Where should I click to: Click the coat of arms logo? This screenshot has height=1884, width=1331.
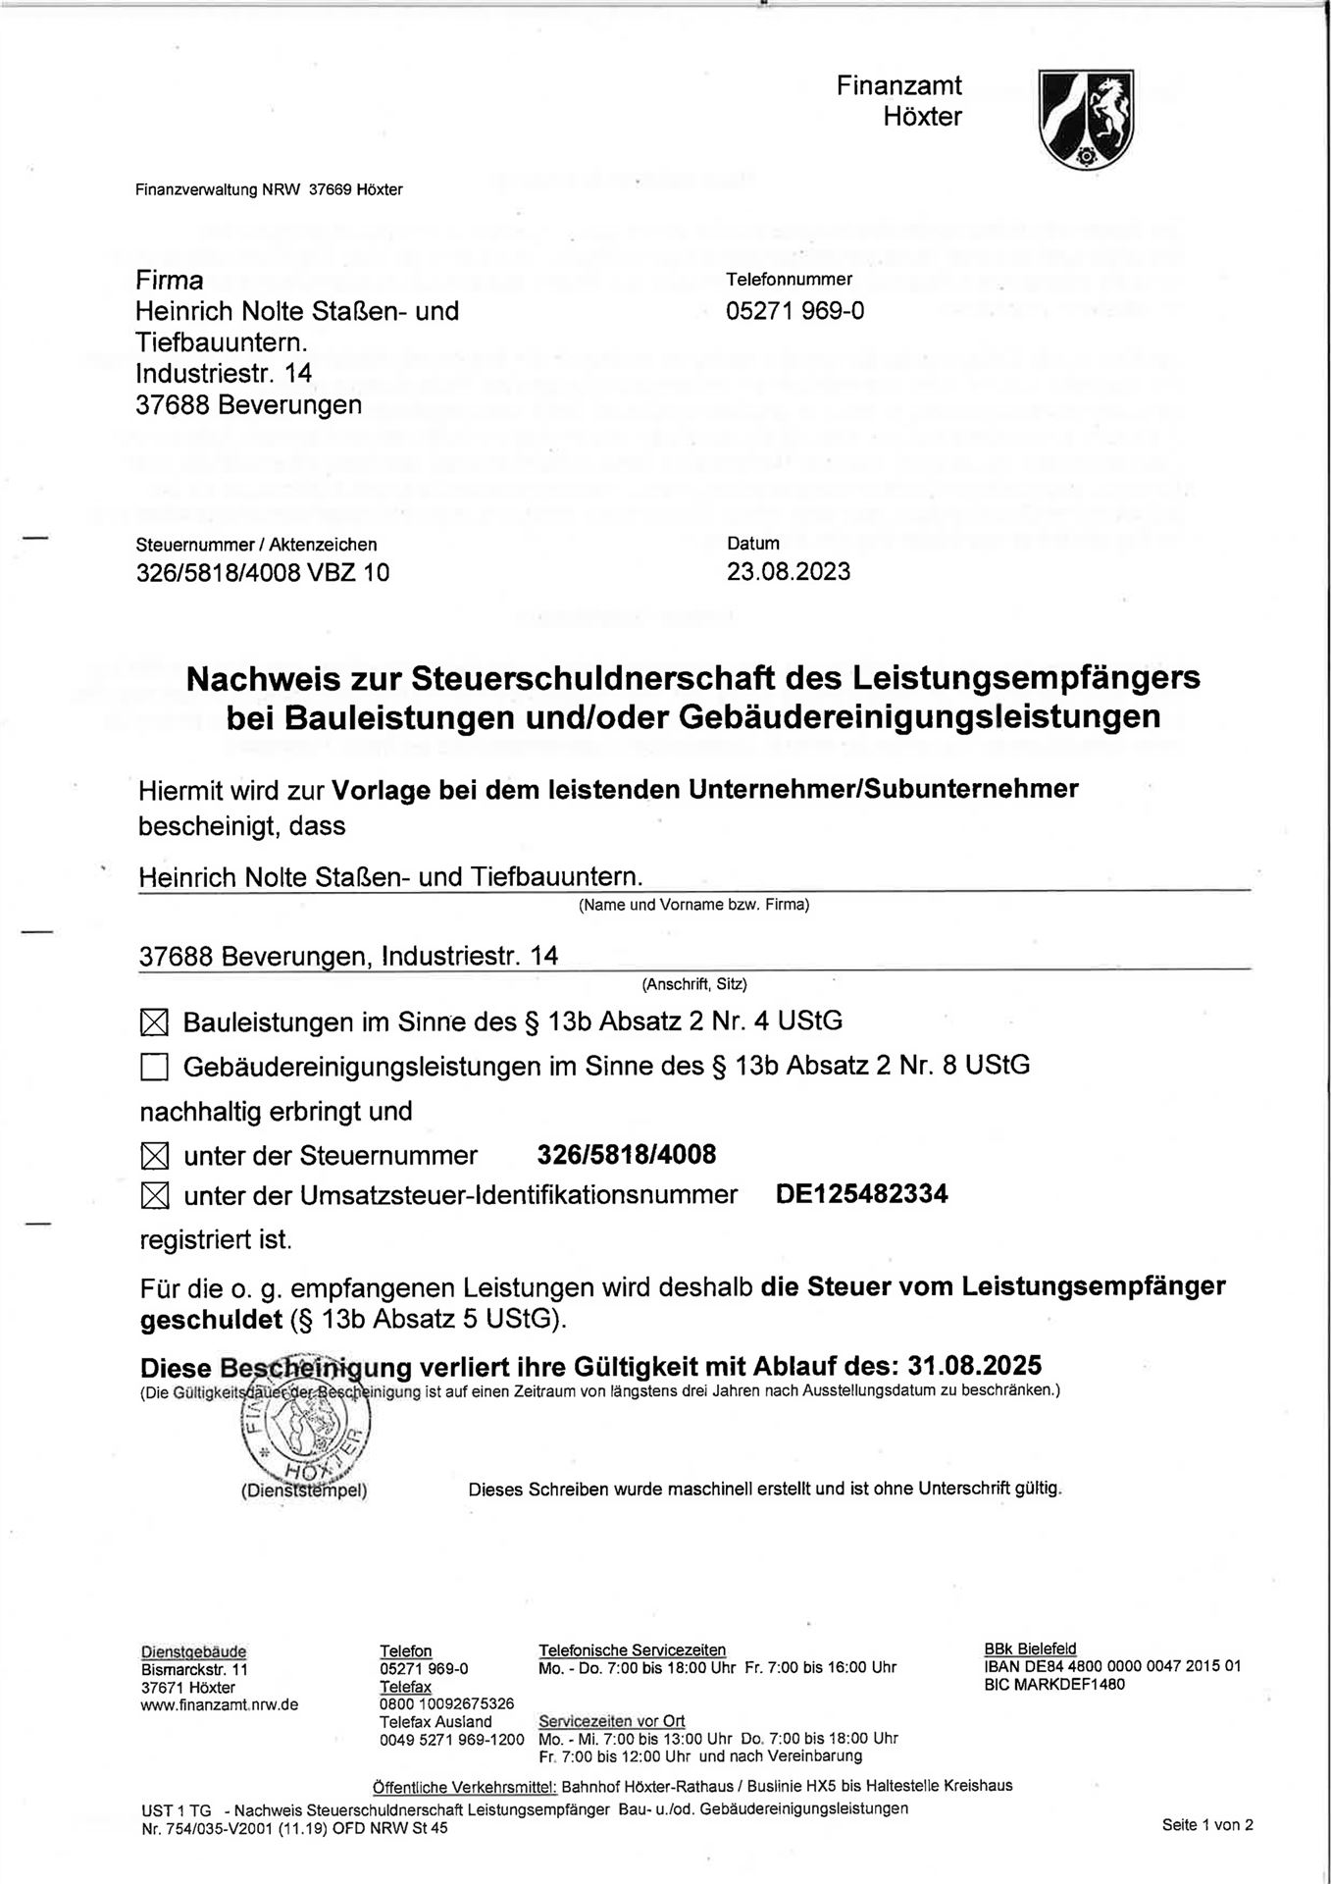(1086, 119)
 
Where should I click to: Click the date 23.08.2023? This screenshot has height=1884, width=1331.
(789, 571)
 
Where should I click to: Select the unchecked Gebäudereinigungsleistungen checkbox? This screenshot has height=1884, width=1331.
(154, 1067)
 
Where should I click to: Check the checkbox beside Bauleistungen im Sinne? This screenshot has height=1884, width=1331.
(154, 1023)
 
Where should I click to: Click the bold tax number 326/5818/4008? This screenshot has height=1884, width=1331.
(627, 1154)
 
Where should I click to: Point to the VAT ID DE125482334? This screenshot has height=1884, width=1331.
(861, 1193)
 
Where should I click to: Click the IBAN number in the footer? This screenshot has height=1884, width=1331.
(1112, 1666)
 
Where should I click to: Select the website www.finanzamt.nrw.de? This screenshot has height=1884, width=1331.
(220, 1704)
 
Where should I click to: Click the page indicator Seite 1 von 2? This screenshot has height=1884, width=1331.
(1207, 1825)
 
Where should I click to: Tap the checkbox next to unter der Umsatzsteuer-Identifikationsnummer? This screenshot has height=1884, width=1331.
(154, 1196)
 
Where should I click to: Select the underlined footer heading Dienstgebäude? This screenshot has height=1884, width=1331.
(193, 1650)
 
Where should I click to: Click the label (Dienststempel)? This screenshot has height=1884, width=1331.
(304, 1490)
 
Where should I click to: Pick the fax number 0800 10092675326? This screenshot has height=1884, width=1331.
(446, 1703)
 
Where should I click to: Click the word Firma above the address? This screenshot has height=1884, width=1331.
(170, 281)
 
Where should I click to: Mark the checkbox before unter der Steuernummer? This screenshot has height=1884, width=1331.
(154, 1156)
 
